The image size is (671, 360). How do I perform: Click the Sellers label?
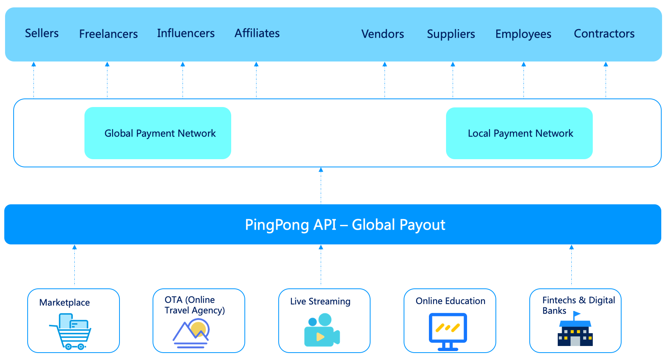(x=42, y=33)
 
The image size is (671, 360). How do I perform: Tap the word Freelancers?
(x=108, y=34)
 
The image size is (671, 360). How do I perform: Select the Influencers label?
(x=186, y=33)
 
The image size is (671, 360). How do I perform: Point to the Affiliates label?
(x=257, y=33)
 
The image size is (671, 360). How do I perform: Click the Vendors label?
(x=383, y=34)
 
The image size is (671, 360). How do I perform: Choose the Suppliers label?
(x=451, y=34)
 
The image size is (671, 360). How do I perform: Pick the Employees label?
(x=523, y=34)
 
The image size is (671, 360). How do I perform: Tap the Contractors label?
(x=604, y=34)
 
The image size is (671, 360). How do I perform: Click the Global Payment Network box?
(x=158, y=133)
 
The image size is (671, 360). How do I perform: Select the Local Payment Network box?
(x=519, y=133)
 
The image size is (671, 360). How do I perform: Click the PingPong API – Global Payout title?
(x=345, y=225)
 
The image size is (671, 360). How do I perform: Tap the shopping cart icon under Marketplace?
(x=71, y=332)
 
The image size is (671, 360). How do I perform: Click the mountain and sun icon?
(x=191, y=333)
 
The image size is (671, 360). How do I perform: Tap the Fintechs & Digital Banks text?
(x=578, y=306)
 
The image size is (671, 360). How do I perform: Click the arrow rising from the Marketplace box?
(x=74, y=265)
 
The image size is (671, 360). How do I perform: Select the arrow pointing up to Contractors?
(x=606, y=80)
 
